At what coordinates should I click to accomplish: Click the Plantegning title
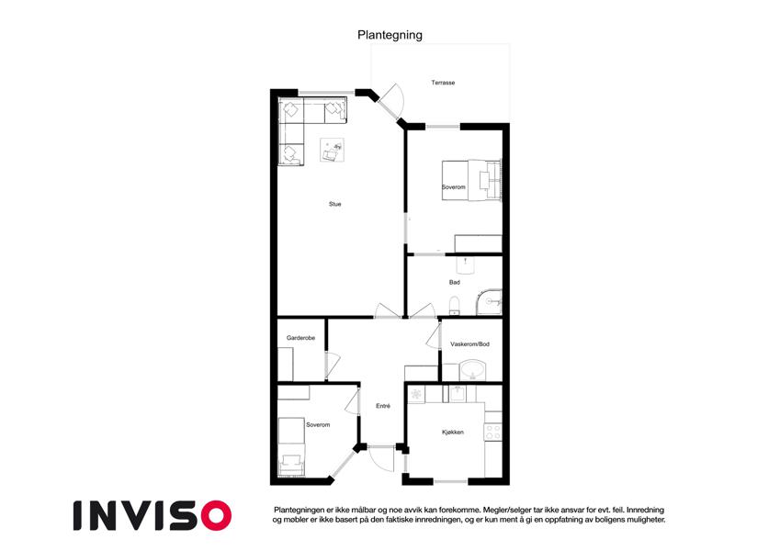point(390,35)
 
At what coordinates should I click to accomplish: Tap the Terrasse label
point(443,83)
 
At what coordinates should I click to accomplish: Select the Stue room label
point(334,204)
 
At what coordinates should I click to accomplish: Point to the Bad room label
point(454,283)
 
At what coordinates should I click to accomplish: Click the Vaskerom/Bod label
point(469,344)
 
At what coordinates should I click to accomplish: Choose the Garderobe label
point(300,338)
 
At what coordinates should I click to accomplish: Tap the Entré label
point(382,406)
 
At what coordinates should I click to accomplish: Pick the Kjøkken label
point(453,433)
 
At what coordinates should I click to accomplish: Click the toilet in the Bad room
point(454,305)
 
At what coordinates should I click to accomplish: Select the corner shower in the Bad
point(489,301)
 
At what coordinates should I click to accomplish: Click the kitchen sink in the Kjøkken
point(458,393)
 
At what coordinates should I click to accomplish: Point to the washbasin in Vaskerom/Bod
point(472,371)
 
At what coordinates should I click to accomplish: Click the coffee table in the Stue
point(332,150)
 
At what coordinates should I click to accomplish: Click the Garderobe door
point(331,365)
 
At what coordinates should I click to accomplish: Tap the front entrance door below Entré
point(381,459)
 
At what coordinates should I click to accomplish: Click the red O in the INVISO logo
point(217,515)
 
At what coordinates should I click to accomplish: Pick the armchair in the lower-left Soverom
point(291,465)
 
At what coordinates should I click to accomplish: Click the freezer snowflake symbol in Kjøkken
point(416,394)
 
